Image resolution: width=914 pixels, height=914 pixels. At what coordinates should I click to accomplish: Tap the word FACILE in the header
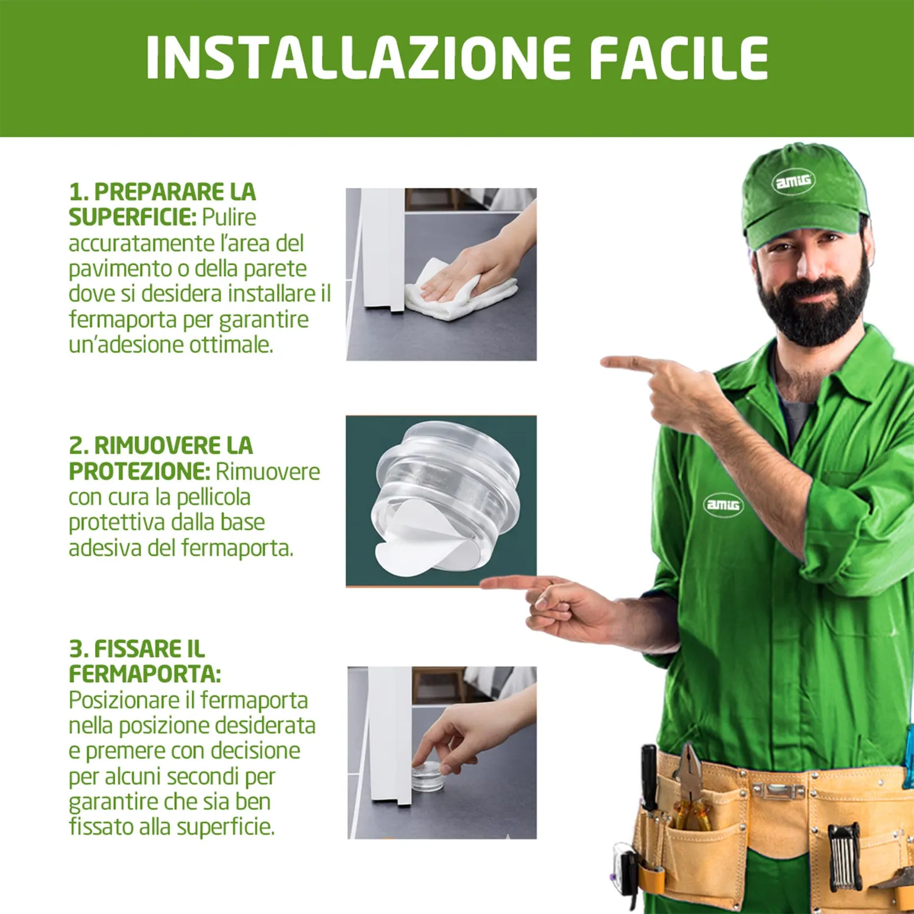pos(679,58)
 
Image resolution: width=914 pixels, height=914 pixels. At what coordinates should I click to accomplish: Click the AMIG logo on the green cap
pos(793,181)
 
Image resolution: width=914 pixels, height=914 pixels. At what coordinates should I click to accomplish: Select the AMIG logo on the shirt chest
pos(723,505)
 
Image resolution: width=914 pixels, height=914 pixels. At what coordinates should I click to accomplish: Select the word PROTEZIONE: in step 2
pos(140,472)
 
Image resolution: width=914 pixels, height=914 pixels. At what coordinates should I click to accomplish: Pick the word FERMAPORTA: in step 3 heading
pos(145,675)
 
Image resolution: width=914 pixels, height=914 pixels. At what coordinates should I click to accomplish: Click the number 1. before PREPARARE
pos(79,192)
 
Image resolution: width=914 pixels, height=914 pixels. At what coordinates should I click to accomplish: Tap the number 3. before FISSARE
pos(79,649)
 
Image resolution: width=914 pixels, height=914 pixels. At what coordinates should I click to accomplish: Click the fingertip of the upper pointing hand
pos(603,363)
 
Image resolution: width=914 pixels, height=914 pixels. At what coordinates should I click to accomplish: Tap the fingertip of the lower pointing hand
pos(483,584)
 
